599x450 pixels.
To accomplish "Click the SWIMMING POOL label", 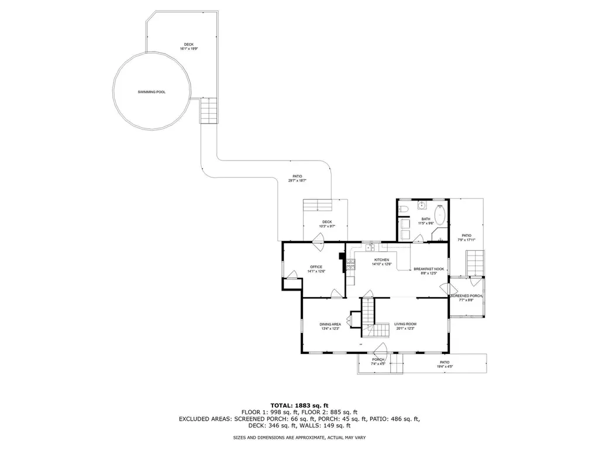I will tap(151, 92).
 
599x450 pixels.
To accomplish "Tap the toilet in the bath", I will tap(404, 209).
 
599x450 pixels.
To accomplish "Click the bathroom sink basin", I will tap(421, 206).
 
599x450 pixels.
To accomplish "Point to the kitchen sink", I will tap(370, 248).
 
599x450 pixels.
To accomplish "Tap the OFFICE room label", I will tap(316, 267).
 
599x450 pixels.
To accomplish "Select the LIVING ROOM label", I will tap(405, 324).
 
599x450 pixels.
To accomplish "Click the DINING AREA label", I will tap(330, 324).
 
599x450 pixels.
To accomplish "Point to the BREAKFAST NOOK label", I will tap(429, 269).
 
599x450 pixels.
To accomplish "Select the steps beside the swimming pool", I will tap(209, 110).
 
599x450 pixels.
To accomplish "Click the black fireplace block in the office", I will tap(342, 255).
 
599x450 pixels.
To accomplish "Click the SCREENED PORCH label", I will tap(466, 296).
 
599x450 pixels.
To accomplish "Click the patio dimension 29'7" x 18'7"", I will tap(297, 180).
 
